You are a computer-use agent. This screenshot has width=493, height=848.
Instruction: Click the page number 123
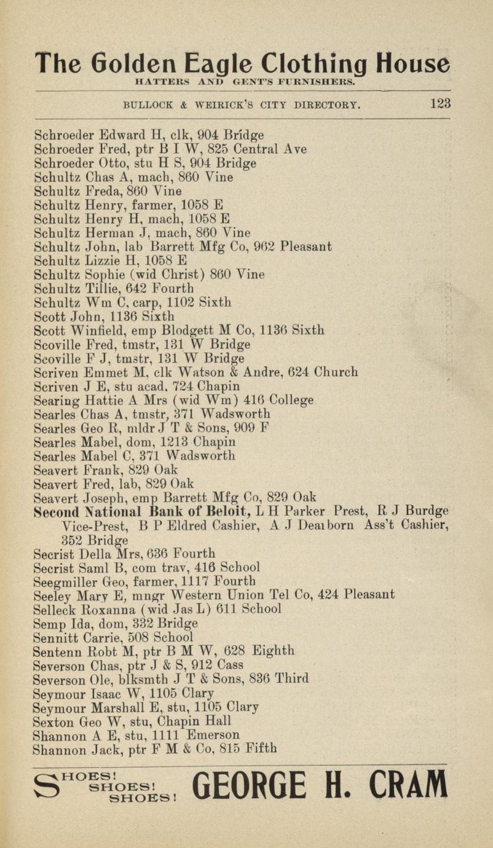pos(440,103)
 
